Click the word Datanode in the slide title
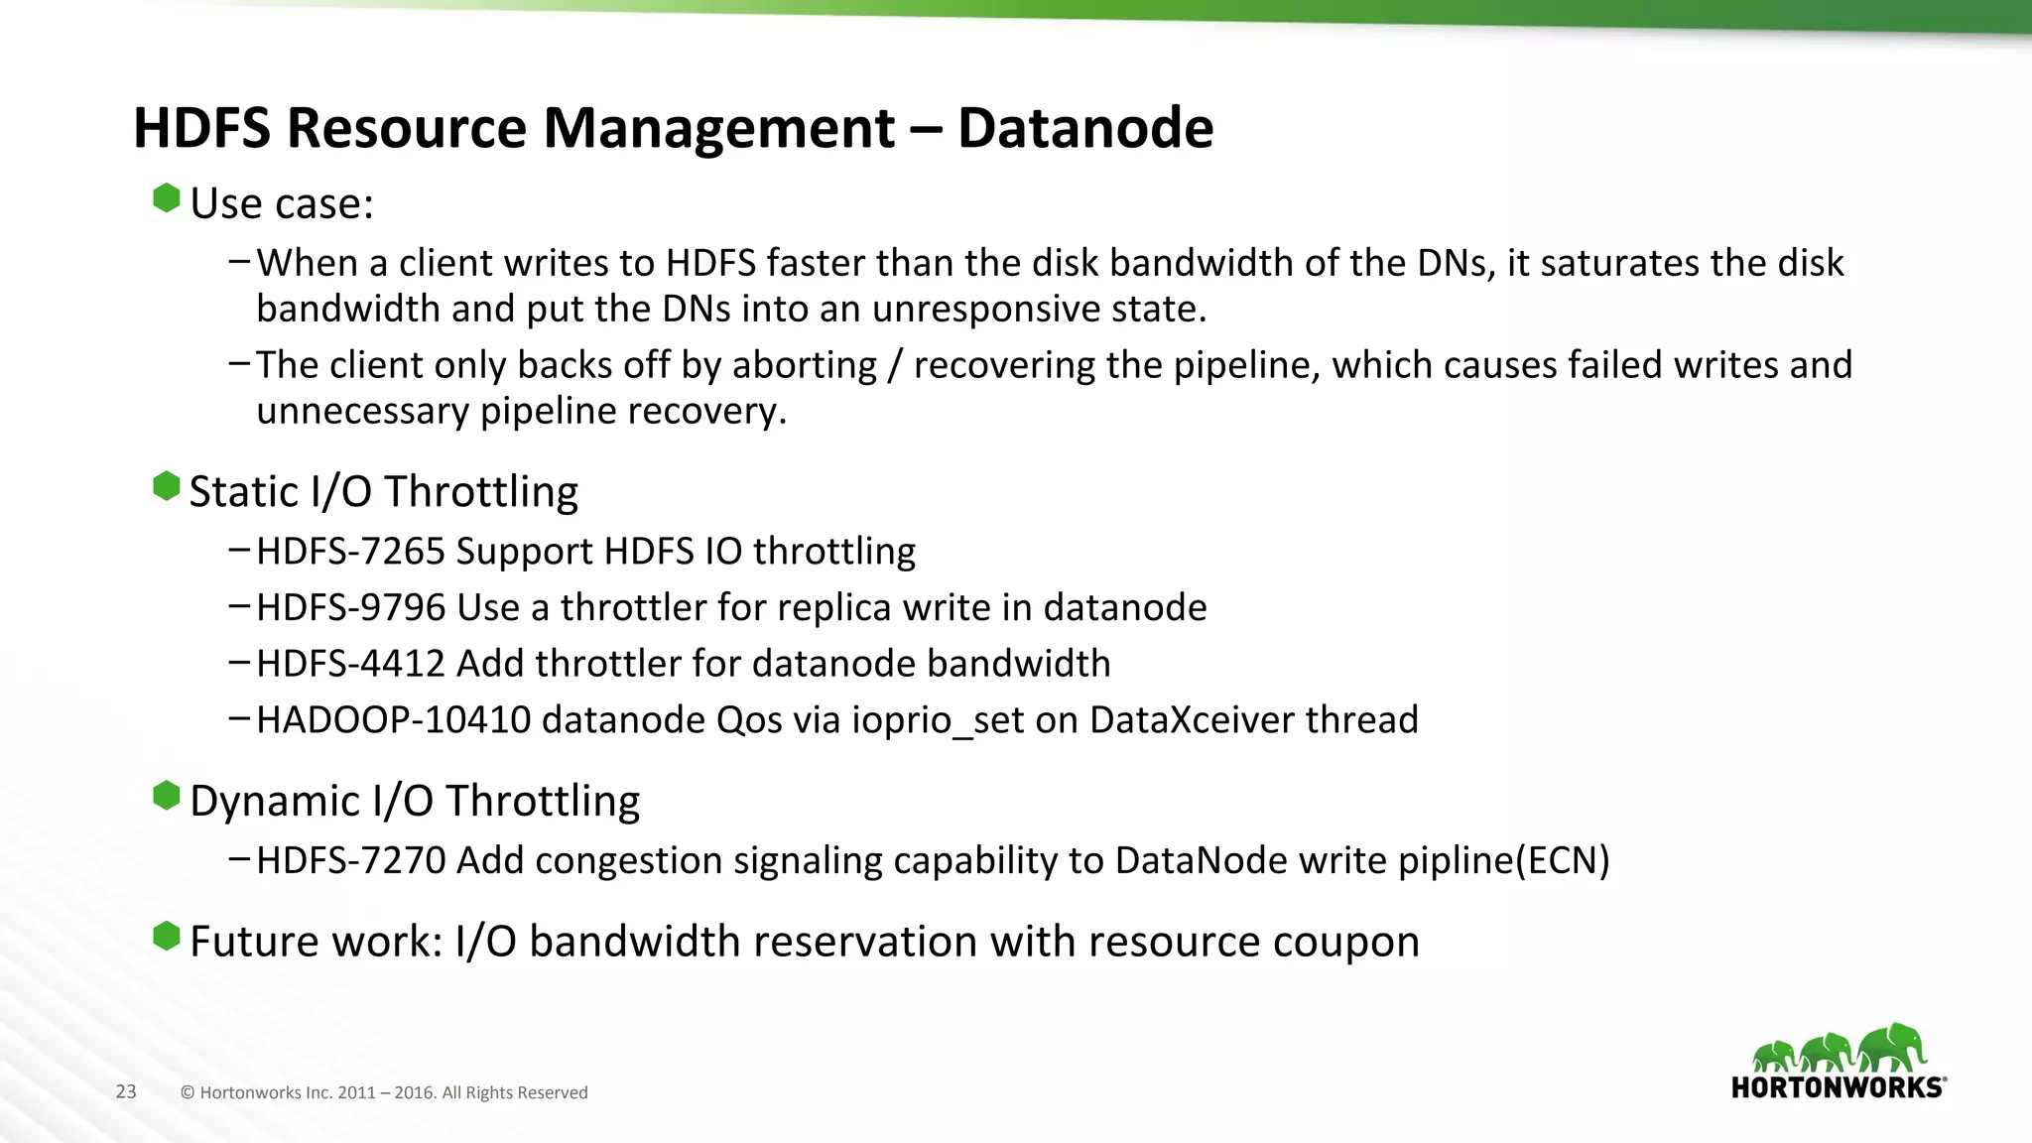(1084, 129)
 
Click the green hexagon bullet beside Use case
(167, 198)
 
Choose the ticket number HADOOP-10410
(394, 720)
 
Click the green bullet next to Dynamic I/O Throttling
(167, 796)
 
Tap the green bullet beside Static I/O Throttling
(167, 487)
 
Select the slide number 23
(126, 1092)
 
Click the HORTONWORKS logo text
(1838, 1087)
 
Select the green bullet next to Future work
(167, 936)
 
